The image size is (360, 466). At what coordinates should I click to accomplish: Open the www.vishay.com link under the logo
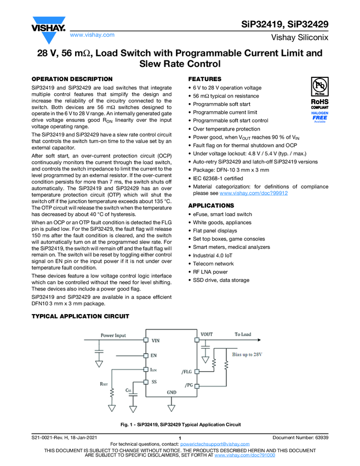click(92, 35)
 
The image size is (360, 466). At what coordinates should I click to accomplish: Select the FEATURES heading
click(205, 79)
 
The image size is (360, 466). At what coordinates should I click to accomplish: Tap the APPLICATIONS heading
click(212, 205)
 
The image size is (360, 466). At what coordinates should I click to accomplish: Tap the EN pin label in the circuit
click(154, 355)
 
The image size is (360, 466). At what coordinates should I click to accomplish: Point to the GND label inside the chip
click(172, 393)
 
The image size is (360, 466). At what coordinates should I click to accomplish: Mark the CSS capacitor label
click(129, 390)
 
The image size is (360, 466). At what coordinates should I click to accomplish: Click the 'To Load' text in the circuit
click(243, 334)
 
